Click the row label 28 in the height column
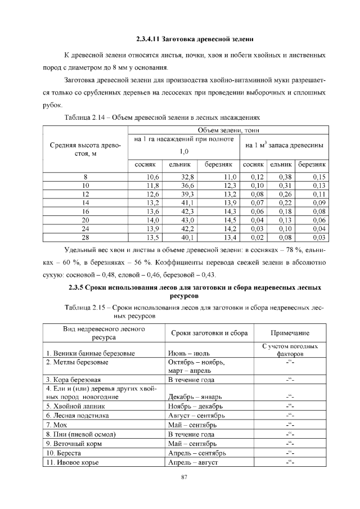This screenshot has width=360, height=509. (85, 237)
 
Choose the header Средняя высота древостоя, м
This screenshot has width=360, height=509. (85, 150)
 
